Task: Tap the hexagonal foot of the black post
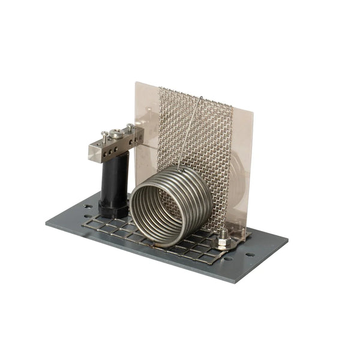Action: (113, 210)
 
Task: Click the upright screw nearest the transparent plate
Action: (130, 128)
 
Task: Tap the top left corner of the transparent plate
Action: (136, 82)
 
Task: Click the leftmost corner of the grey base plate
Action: (46, 223)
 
